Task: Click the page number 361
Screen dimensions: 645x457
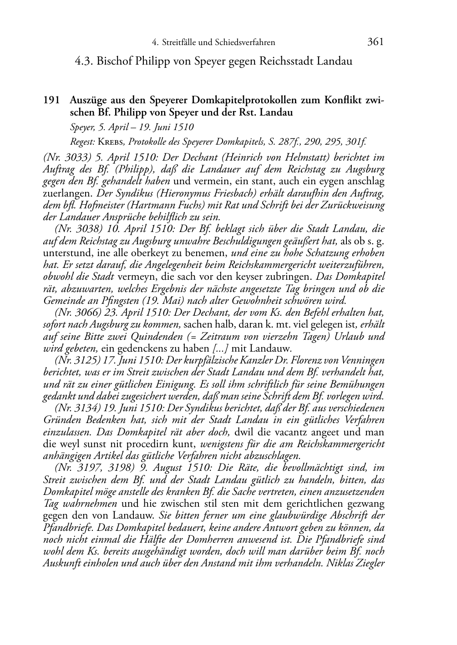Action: (x=375, y=42)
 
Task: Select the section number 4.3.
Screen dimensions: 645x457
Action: (x=85, y=61)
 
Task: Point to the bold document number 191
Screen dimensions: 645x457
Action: (x=51, y=101)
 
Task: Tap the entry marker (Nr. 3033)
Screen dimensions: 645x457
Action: (x=68, y=158)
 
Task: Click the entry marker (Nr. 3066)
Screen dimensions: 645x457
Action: (x=79, y=313)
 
